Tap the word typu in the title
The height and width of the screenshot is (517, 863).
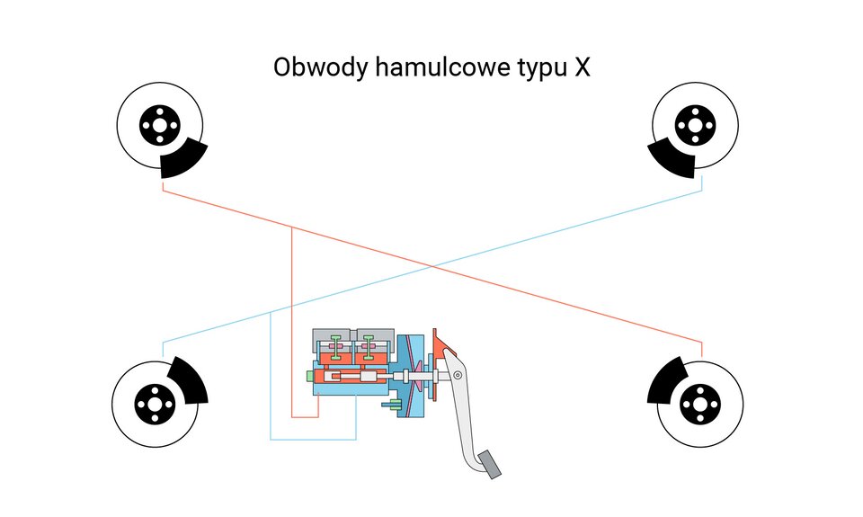click(x=536, y=70)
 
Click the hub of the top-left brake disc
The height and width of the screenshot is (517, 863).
click(x=159, y=125)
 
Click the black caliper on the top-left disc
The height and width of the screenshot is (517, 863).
click(x=185, y=162)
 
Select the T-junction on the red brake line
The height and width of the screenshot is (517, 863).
click(x=293, y=228)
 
